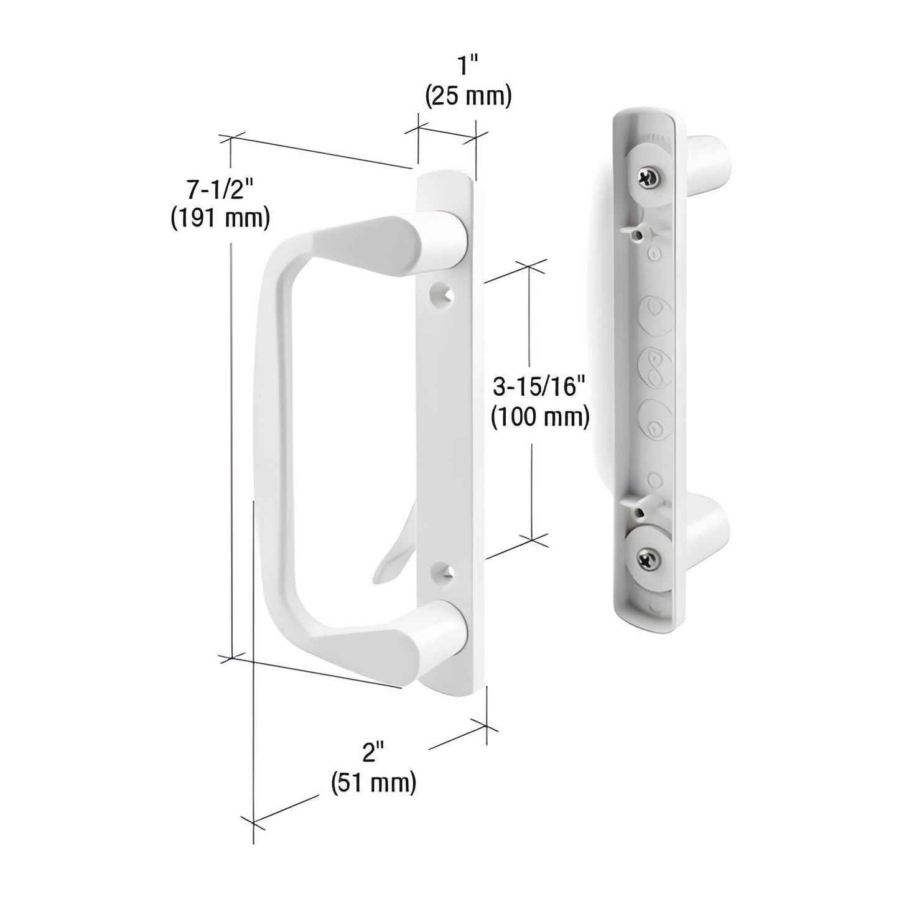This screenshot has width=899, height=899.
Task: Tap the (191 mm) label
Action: coord(220,218)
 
